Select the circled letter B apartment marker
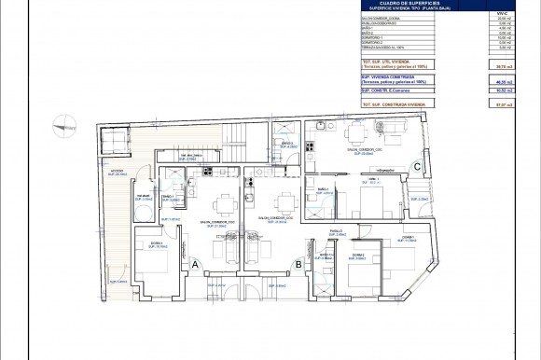[298, 265]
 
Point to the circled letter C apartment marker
[418, 167]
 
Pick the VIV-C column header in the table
[503, 10]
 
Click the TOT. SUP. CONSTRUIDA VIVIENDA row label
[396, 104]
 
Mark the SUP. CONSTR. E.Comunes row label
[386, 91]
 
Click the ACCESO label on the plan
[117, 172]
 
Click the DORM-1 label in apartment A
[157, 243]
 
